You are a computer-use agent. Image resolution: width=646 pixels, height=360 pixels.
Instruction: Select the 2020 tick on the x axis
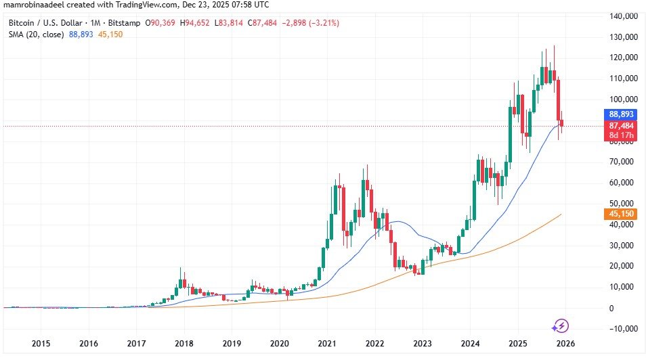click(280, 343)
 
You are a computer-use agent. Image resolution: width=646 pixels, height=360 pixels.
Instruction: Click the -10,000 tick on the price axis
click(621, 328)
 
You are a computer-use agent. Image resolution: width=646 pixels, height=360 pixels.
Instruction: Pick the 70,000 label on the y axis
click(623, 162)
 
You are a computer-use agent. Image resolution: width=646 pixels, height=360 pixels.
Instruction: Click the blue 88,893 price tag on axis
click(621, 115)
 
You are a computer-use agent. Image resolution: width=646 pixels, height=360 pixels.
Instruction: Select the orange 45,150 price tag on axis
click(621, 214)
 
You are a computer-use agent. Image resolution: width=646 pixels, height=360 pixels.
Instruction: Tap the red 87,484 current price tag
click(621, 126)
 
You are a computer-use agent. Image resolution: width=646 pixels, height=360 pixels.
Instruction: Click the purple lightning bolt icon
click(561, 326)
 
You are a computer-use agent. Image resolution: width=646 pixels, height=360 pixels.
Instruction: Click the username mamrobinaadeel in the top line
click(33, 5)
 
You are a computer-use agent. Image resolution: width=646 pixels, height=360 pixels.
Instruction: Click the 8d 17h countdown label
click(621, 135)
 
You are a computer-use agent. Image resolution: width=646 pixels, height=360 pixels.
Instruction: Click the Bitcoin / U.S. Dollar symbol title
click(41, 23)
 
